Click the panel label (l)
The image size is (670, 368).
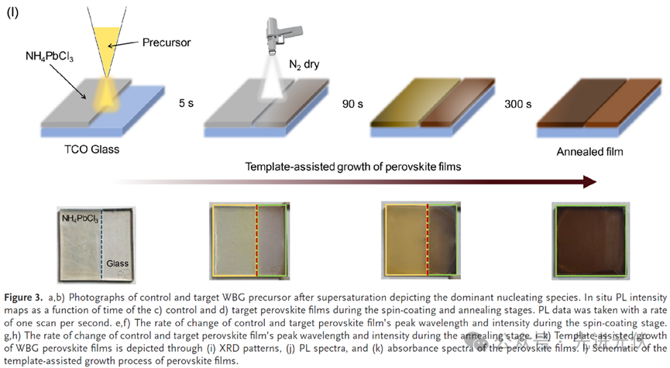pos(13,15)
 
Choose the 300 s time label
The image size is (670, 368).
pos(515,102)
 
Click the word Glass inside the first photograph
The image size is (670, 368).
pos(117,263)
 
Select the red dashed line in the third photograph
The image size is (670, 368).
pos(427,242)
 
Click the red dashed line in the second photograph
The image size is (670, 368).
pos(257,242)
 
